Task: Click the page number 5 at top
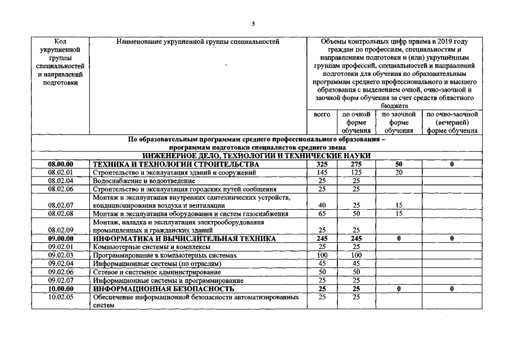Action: point(254,24)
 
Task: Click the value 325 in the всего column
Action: point(322,164)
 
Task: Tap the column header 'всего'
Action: point(322,114)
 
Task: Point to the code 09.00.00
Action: point(61,238)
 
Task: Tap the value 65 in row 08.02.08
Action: point(322,214)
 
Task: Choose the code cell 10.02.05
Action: point(61,297)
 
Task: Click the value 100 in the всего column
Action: point(322,255)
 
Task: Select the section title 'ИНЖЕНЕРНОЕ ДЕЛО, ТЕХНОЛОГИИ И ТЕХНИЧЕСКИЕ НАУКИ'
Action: point(256,155)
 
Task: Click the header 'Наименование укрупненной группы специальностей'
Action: point(197,41)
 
